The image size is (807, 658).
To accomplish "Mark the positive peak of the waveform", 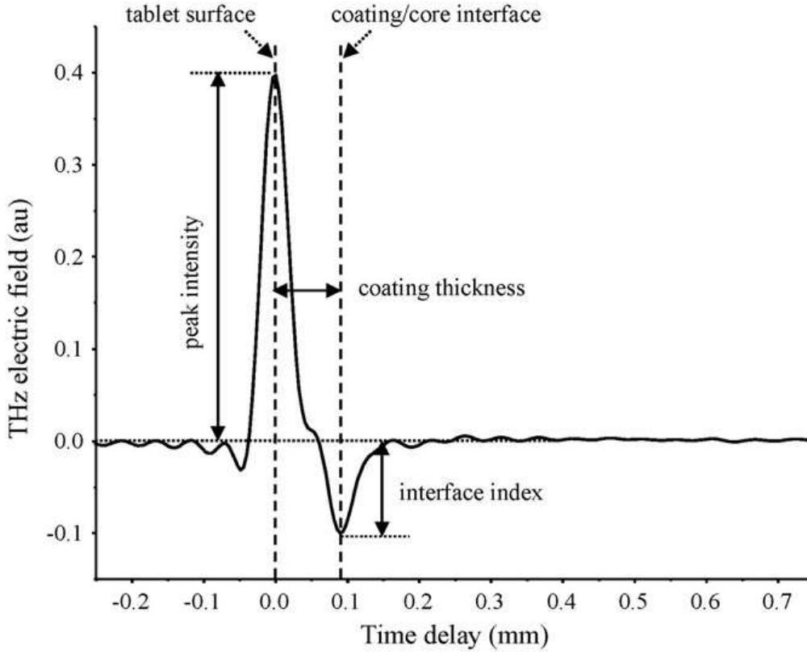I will click(275, 76).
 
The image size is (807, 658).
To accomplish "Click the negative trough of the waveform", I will click(341, 532).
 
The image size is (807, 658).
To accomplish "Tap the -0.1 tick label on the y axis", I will click(72, 533).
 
